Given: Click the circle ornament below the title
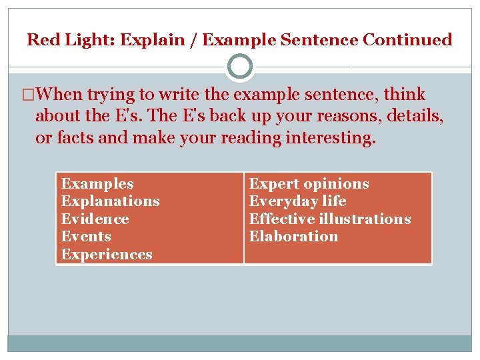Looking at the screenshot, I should pyautogui.click(x=240, y=67).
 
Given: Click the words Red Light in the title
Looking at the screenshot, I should pyautogui.click(x=63, y=40).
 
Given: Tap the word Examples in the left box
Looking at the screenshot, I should pyautogui.click(x=97, y=184).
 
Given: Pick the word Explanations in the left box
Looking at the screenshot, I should pyautogui.click(x=110, y=201).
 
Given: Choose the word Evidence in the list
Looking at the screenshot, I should pyautogui.click(x=95, y=219).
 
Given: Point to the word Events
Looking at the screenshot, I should pyautogui.click(x=86, y=237).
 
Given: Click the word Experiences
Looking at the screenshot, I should pyautogui.click(x=107, y=255).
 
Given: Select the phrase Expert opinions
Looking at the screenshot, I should pyautogui.click(x=309, y=184).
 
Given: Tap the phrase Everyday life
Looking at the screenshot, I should pyautogui.click(x=297, y=201).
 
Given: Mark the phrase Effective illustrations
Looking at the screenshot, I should pyautogui.click(x=330, y=219).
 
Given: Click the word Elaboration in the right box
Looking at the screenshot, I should pyautogui.click(x=293, y=237).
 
